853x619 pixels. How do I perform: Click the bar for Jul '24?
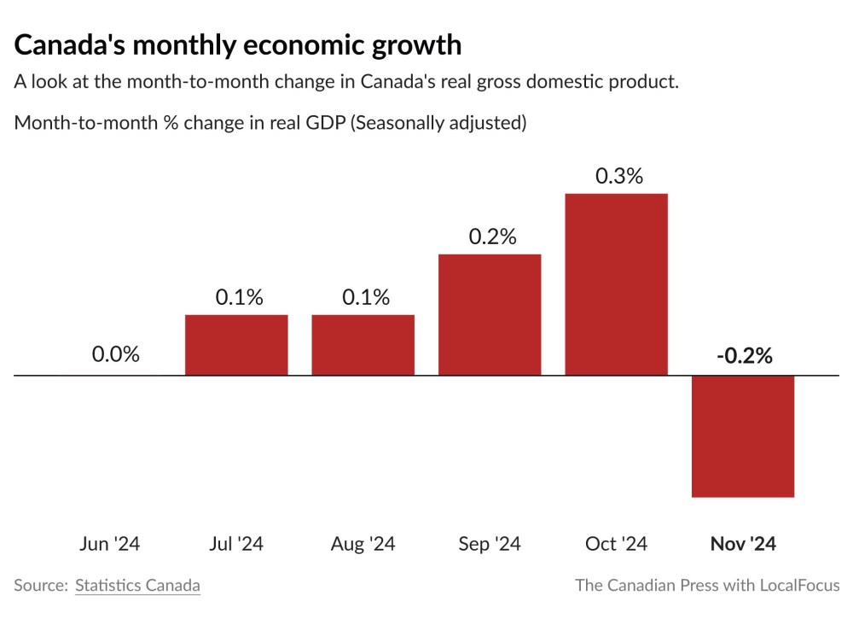pyautogui.click(x=236, y=345)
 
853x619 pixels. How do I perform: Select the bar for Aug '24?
pyautogui.click(x=363, y=345)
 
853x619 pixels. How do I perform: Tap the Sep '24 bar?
pyautogui.click(x=490, y=314)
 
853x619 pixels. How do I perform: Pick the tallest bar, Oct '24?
pyautogui.click(x=616, y=284)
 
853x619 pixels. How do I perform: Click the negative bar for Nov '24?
pyautogui.click(x=743, y=436)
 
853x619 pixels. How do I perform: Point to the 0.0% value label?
pyautogui.click(x=116, y=354)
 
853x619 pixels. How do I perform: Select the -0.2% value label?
pyautogui.click(x=743, y=356)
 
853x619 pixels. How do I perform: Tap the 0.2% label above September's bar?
pyautogui.click(x=492, y=237)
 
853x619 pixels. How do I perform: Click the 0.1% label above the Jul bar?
pyautogui.click(x=239, y=298)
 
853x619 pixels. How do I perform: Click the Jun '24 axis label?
pyautogui.click(x=109, y=544)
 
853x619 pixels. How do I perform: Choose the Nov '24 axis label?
pyautogui.click(x=743, y=544)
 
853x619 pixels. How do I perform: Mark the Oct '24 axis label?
pyautogui.click(x=616, y=544)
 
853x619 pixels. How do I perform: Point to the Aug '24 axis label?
pyautogui.click(x=363, y=544)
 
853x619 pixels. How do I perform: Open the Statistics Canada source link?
pyautogui.click(x=137, y=586)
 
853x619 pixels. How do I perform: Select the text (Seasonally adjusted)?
pyautogui.click(x=439, y=123)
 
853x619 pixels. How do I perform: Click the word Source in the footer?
pyautogui.click(x=38, y=586)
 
